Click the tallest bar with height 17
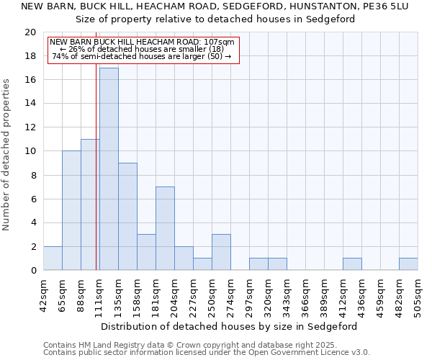point(109,169)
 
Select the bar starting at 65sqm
point(71,210)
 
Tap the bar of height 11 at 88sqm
point(90,204)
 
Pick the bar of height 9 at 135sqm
point(127,216)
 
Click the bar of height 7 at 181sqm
point(165,228)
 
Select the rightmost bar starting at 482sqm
point(408,264)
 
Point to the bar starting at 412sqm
point(352,264)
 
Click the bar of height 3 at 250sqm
point(221,252)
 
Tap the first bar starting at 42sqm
point(53,258)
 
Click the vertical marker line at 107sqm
point(96,166)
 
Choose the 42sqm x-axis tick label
point(44,294)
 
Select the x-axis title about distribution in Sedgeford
point(229,326)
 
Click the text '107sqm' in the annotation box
point(219,42)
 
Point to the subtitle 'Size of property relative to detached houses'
point(215,19)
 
